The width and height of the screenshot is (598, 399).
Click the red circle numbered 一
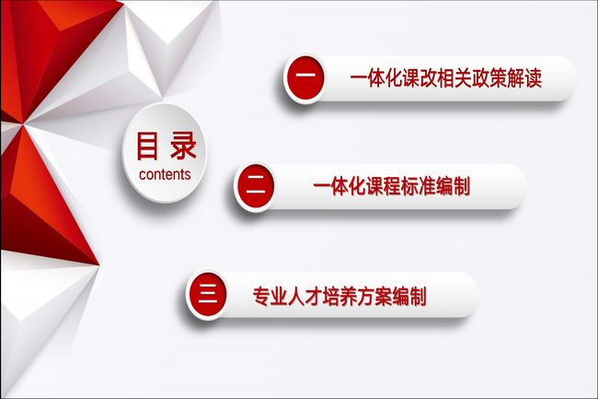click(305, 77)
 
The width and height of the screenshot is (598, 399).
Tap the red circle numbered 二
click(256, 186)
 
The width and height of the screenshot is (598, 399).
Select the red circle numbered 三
click(208, 294)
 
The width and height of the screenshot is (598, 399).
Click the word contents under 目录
click(165, 174)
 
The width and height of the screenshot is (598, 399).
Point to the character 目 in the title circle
click(147, 146)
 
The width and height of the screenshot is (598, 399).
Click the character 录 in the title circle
click(183, 146)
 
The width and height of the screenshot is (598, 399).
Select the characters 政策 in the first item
click(489, 78)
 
